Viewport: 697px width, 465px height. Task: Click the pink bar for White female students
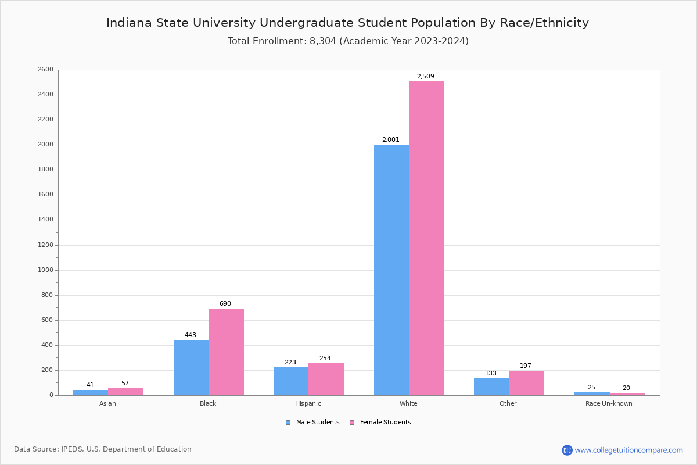pyautogui.click(x=426, y=238)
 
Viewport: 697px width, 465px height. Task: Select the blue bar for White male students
pyautogui.click(x=391, y=270)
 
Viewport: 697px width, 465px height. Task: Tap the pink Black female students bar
pyautogui.click(x=226, y=352)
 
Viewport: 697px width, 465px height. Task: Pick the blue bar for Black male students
pyautogui.click(x=191, y=367)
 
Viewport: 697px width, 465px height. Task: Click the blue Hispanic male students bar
pyautogui.click(x=290, y=381)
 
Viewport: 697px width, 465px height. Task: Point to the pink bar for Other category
pyautogui.click(x=526, y=383)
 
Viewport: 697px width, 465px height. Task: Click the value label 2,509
pyautogui.click(x=425, y=77)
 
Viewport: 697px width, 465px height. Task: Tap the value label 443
pyautogui.click(x=191, y=335)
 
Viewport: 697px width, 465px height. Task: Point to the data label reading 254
pyautogui.click(x=325, y=359)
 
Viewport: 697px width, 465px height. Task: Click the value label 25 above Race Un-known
pyautogui.click(x=591, y=388)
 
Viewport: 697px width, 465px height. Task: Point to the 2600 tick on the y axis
pyautogui.click(x=45, y=70)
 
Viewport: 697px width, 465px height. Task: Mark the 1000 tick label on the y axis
pyautogui.click(x=45, y=270)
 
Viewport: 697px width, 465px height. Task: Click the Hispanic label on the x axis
pyautogui.click(x=308, y=403)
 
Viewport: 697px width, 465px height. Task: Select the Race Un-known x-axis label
pyautogui.click(x=609, y=403)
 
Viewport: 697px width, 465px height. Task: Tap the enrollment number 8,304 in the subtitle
pyautogui.click(x=323, y=41)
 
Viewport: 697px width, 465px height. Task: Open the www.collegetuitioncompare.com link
pyautogui.click(x=628, y=450)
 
